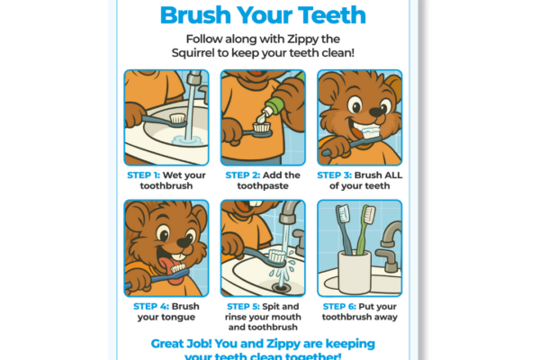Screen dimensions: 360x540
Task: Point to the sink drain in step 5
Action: (x=268, y=285)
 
